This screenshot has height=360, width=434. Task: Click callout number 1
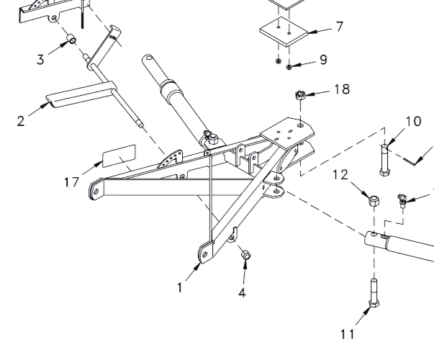click(181, 288)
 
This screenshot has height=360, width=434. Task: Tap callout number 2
click(22, 120)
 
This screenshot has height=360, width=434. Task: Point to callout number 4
click(243, 293)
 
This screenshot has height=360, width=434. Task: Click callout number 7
click(339, 27)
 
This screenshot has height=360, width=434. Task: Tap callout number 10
click(413, 121)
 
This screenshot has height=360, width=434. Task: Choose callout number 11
click(348, 333)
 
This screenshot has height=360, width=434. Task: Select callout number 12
click(340, 174)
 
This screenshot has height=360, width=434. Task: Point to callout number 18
click(342, 89)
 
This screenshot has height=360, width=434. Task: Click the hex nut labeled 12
click(374, 199)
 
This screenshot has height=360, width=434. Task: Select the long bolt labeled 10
click(384, 161)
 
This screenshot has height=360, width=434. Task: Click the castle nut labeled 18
click(302, 95)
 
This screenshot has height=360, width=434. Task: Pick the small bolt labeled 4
click(245, 255)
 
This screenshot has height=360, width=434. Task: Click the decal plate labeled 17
click(119, 154)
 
